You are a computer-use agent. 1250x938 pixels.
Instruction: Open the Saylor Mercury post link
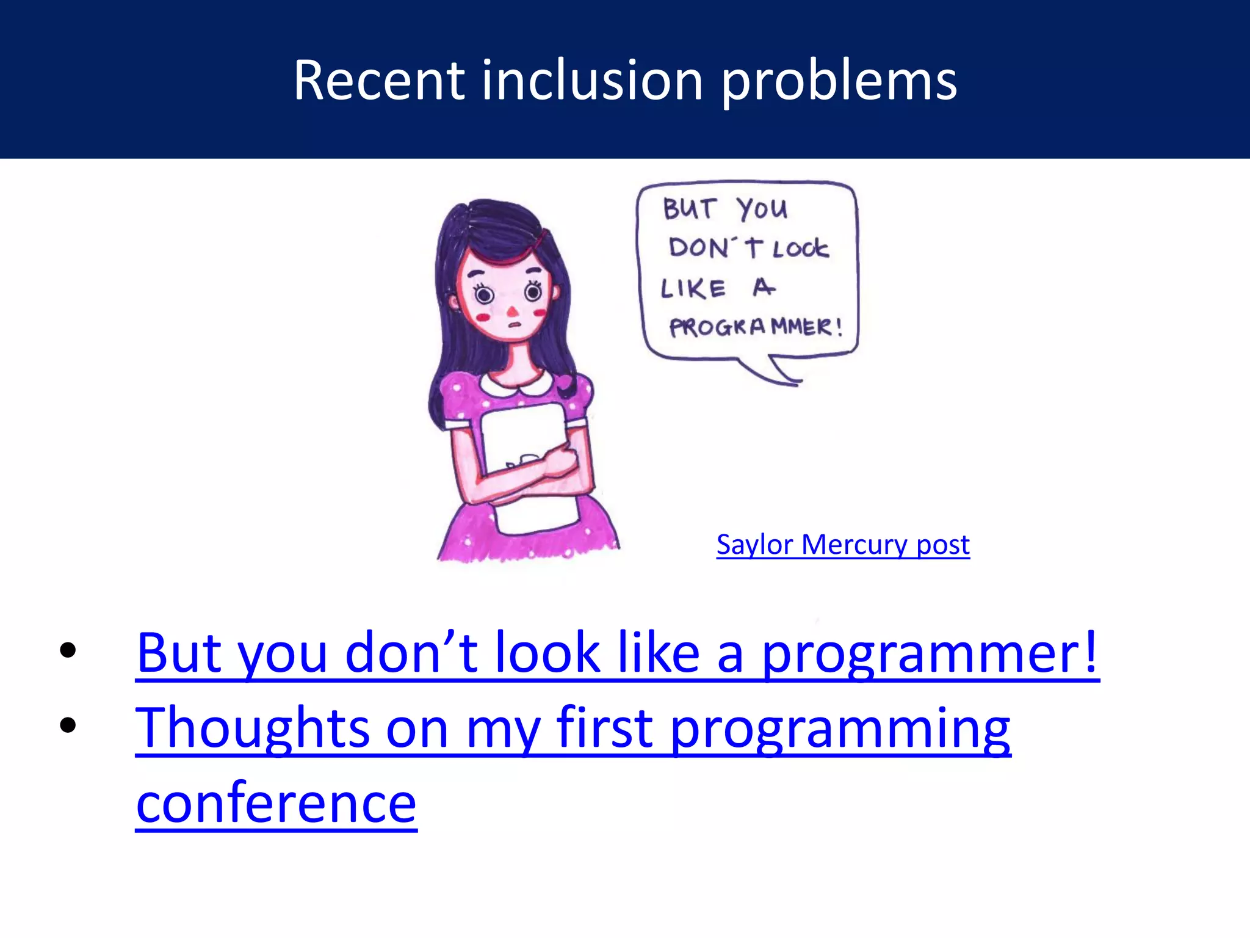coord(842,544)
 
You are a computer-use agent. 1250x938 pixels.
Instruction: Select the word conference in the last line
coord(276,803)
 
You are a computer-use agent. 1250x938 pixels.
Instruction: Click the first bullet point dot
coord(68,650)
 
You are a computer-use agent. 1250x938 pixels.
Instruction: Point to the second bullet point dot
coord(68,725)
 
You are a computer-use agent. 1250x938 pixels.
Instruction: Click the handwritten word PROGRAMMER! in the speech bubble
coord(756,327)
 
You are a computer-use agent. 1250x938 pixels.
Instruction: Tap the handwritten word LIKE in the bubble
coord(693,288)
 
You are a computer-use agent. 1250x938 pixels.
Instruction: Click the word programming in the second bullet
coord(840,728)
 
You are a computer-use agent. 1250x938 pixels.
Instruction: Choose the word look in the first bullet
coord(547,652)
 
